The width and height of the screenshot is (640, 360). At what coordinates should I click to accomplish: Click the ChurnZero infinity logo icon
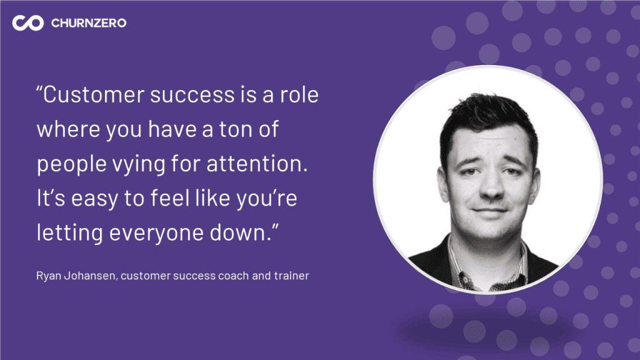point(27,23)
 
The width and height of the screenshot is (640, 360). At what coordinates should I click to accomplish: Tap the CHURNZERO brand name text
point(89,23)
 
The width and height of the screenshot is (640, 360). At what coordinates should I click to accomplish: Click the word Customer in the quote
point(94,95)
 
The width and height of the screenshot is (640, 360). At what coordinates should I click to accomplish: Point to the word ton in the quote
point(236,129)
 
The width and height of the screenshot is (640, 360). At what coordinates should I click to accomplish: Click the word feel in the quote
point(170,198)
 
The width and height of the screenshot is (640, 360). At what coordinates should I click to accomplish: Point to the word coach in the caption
point(234,276)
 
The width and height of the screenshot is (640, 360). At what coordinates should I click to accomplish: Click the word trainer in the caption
point(291,276)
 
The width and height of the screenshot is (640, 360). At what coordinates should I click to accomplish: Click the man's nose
point(491,186)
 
